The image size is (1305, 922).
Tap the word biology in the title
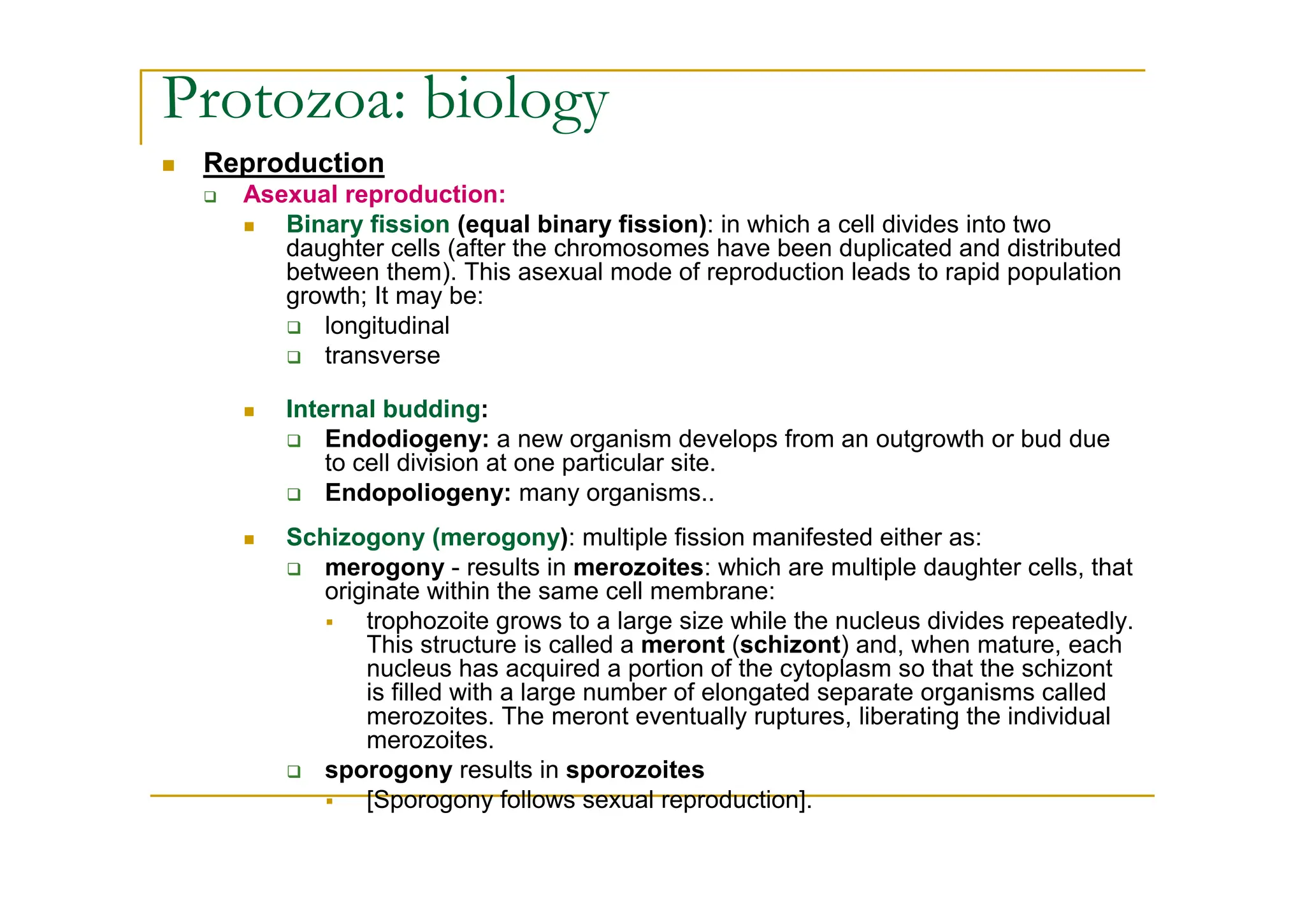pos(516,102)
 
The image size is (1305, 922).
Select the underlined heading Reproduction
pos(294,163)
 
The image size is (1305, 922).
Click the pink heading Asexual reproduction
pos(374,194)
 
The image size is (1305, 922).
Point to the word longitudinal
pos(387,326)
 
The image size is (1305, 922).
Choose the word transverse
pos(382,356)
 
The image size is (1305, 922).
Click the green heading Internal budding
pos(383,409)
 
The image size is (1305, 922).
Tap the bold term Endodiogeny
pos(407,439)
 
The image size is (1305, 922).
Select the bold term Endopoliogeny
pos(417,493)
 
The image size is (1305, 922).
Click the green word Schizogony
pos(355,538)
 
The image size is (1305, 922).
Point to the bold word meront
pos(682,645)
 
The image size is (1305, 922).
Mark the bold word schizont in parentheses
pos(790,645)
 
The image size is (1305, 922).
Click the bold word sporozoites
pos(635,770)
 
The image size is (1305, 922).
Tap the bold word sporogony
pos(388,770)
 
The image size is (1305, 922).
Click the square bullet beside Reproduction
pos(168,166)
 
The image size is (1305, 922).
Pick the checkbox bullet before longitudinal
pos(293,328)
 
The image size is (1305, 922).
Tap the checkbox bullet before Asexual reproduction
pos(210,196)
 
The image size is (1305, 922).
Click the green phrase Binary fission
pos(368,225)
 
